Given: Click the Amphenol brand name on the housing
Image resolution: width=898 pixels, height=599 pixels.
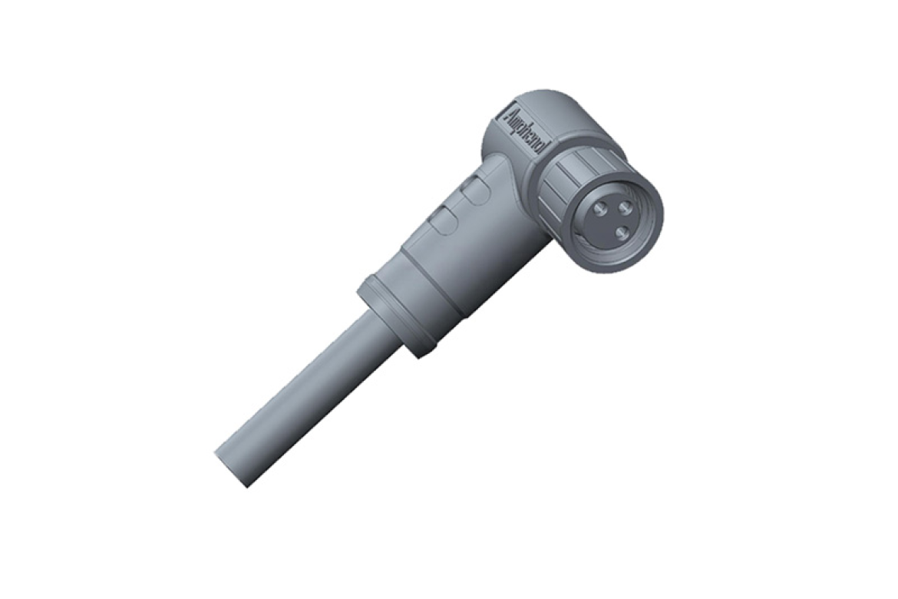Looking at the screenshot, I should pos(523,131).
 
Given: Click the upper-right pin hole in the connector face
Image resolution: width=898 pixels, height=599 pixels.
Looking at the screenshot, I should pos(624,206).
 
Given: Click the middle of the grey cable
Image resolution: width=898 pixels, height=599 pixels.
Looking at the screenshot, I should pos(307,392).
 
